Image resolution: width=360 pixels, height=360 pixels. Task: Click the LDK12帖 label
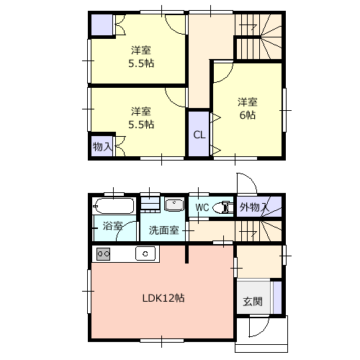coord(163,298)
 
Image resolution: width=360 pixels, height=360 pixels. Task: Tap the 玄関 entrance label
coord(253,302)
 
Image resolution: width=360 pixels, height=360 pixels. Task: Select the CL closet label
coord(199,135)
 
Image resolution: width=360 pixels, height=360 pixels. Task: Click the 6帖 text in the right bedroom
coord(248,115)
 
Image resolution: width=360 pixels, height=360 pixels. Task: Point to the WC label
coord(202,207)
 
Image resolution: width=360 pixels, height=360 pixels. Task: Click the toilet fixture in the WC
coord(223,207)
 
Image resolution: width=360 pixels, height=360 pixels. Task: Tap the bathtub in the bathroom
coord(113,206)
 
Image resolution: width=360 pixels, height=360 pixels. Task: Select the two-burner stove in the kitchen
coord(104,254)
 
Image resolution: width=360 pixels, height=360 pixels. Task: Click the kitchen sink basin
coord(145,253)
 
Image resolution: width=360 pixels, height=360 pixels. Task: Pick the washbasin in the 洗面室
coord(174,204)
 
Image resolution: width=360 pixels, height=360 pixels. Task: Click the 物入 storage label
coord(102,147)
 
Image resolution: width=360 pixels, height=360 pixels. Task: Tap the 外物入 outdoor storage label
coord(254,207)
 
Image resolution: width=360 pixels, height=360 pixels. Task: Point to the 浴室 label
coord(112,226)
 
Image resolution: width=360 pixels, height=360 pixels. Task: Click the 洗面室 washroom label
coord(163,230)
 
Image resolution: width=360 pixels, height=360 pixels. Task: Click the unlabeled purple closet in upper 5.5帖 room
coord(102,25)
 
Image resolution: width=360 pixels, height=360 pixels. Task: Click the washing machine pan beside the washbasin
coord(150,204)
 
